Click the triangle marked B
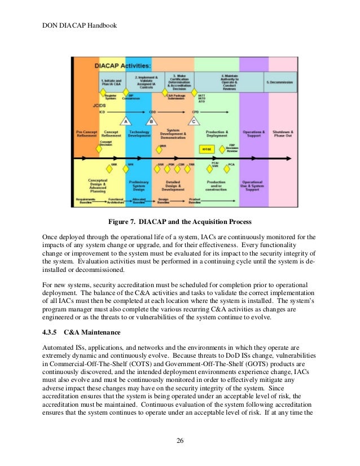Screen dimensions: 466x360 coord(151,121)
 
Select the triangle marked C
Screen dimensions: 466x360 coord(195,121)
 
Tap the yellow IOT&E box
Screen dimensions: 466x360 coord(207,149)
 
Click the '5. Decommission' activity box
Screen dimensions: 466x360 coord(280,82)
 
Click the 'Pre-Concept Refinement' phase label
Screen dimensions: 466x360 coord(87,134)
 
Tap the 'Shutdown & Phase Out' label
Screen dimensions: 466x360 coord(283,134)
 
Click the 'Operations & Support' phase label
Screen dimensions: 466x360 coord(254,134)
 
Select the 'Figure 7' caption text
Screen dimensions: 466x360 coord(179,221)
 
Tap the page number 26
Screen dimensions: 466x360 coord(179,441)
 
